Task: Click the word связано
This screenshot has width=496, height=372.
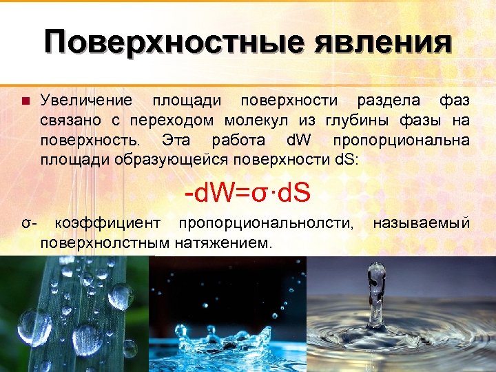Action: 70,121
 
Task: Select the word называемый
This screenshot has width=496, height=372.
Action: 421,224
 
